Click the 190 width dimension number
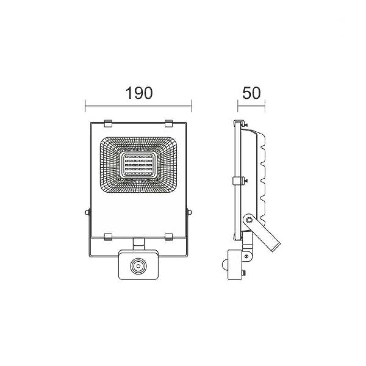pyautogui.click(x=139, y=93)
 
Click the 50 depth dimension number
pyautogui.click(x=251, y=93)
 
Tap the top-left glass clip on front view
pyautogui.click(x=108, y=123)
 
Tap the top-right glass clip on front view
pyautogui.click(x=169, y=123)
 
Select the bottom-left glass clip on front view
pyautogui.click(x=108, y=237)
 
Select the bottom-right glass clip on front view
pyautogui.click(x=169, y=237)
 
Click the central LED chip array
pyautogui.click(x=138, y=165)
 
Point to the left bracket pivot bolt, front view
pyautogui.click(x=87, y=212)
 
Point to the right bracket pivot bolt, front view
pyautogui.click(x=190, y=212)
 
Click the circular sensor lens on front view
pyautogui.click(x=138, y=266)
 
